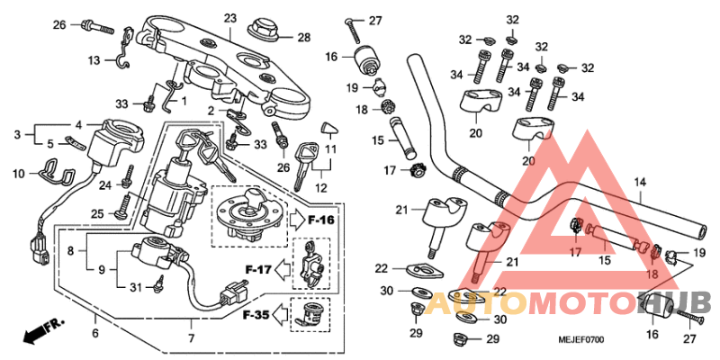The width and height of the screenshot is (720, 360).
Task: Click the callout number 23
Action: pyautogui.click(x=229, y=18)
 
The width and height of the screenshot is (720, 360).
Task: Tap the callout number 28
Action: pyautogui.click(x=303, y=37)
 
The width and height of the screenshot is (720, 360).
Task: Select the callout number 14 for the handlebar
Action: pyautogui.click(x=640, y=182)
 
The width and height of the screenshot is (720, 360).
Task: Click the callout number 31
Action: pyautogui.click(x=135, y=287)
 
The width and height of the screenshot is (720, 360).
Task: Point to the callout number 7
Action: pyautogui.click(x=190, y=338)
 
